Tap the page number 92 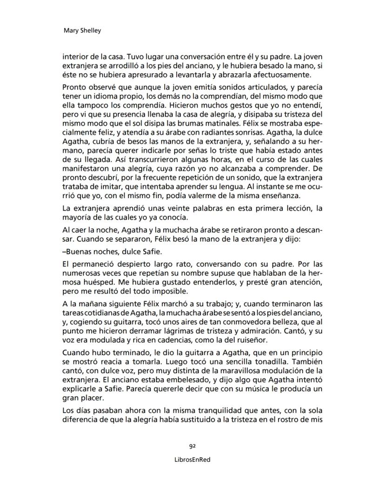(192, 446)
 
